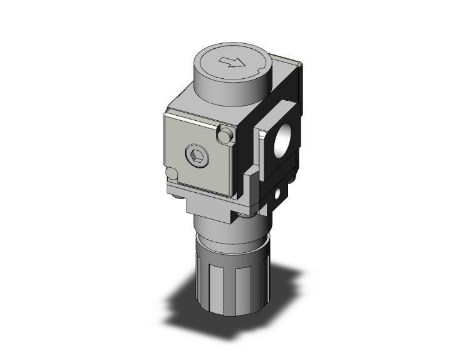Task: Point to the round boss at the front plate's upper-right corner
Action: click(x=225, y=133)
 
